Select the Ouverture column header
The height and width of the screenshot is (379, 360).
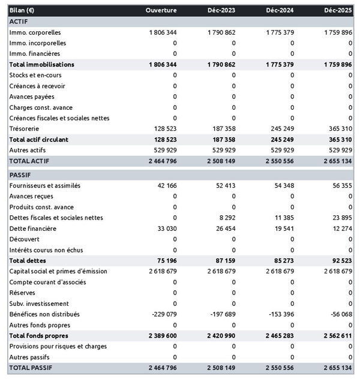pos(161,10)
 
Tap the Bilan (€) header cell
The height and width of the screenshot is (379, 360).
pos(22,10)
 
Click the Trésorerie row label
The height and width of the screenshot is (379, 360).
pos(25,129)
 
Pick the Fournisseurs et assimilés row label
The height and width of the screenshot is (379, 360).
pos(45,186)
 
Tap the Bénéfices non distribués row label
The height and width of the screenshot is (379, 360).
pos(44,314)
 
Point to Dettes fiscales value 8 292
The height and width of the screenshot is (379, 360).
pos(226,218)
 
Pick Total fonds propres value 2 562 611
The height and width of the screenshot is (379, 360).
pos(334,335)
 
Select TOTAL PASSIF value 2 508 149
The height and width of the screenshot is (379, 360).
pos(217,367)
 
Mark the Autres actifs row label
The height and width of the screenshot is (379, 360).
pos(28,150)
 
